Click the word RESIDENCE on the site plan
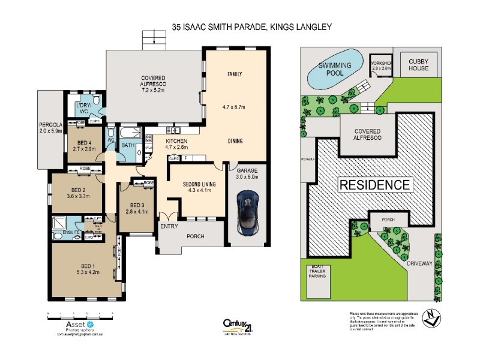coord(376,185)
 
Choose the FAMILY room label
coord(234,74)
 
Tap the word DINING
coord(235,142)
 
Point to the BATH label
coord(128,145)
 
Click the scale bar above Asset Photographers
coord(80,314)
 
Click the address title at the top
coord(252,27)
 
